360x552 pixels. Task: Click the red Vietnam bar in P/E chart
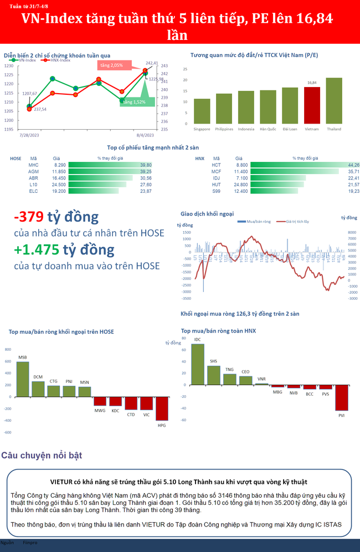tap(312, 106)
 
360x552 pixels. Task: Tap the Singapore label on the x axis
tap(202, 129)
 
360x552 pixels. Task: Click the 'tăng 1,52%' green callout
tap(134, 102)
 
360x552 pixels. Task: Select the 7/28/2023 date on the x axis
tap(28, 135)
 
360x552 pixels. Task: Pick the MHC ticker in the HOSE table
tap(33, 165)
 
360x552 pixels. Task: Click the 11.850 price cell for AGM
tap(59, 172)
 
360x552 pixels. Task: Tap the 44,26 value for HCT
tap(353, 165)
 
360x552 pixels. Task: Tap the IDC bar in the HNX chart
tap(198, 364)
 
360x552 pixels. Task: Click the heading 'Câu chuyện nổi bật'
tap(42, 456)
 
